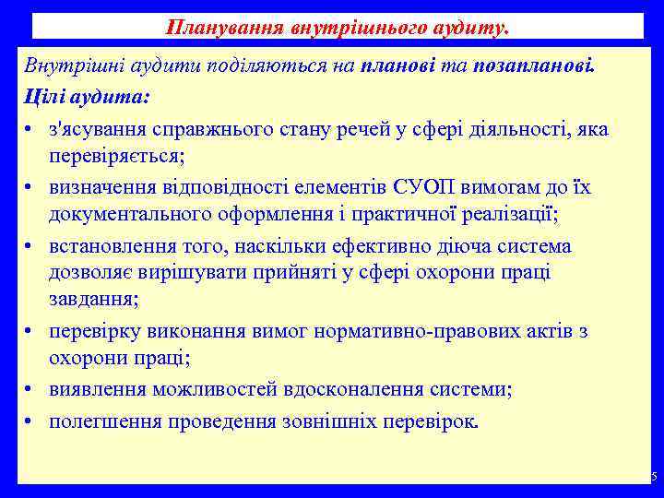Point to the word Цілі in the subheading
(x=43, y=96)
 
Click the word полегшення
(x=102, y=421)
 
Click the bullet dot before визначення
(x=31, y=188)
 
